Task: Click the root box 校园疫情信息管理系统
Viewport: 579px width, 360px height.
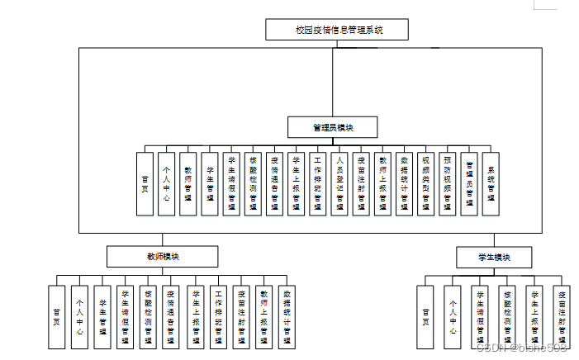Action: pyautogui.click(x=337, y=30)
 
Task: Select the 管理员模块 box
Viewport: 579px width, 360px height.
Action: pyautogui.click(x=333, y=127)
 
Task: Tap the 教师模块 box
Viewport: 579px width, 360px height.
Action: pyautogui.click(x=162, y=257)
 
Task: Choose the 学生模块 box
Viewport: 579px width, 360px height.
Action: pyautogui.click(x=495, y=258)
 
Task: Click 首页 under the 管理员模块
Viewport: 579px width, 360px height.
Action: pyautogui.click(x=145, y=183)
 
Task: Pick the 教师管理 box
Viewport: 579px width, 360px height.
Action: pyautogui.click(x=188, y=183)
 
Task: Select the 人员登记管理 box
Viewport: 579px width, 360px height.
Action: pyautogui.click(x=339, y=183)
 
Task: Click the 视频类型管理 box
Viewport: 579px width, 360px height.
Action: pyautogui.click(x=425, y=183)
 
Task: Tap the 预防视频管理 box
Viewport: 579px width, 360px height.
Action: pyautogui.click(x=448, y=183)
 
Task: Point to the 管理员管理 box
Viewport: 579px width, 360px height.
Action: pyautogui.click(x=469, y=183)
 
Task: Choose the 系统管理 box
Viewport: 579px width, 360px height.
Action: pyautogui.click(x=491, y=183)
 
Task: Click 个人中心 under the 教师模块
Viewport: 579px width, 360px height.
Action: pyautogui.click(x=79, y=316)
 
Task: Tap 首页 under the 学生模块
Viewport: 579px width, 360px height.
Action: pyautogui.click(x=425, y=316)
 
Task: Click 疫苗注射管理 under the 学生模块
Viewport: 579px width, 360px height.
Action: pyautogui.click(x=562, y=316)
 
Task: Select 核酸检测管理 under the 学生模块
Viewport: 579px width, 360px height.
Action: pyautogui.click(x=506, y=316)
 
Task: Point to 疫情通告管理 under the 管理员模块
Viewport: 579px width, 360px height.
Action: pyautogui.click(x=275, y=183)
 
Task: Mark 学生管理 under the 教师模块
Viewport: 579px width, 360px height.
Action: pyautogui.click(x=102, y=316)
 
